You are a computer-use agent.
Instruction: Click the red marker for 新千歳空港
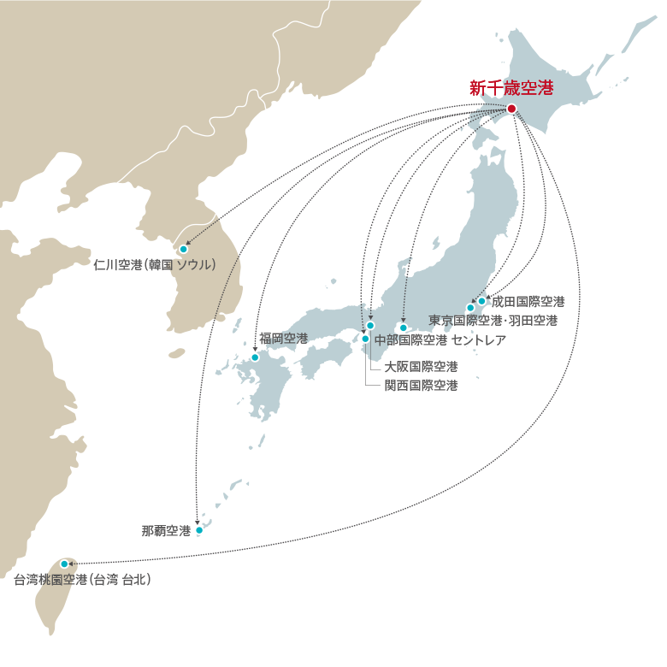511,109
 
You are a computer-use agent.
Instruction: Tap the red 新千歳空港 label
511,87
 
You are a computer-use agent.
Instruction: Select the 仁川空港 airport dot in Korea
183,250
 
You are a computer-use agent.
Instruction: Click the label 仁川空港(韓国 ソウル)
155,264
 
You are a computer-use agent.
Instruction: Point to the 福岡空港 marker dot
255,357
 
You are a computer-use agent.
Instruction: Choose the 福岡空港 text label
283,339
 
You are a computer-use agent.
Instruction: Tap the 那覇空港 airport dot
199,530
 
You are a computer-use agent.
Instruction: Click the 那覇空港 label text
166,530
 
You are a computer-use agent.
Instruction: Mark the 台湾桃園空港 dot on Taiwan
64,564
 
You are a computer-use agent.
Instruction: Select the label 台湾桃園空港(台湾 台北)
83,580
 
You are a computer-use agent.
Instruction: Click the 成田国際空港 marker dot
481,301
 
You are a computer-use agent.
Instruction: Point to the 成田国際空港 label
528,302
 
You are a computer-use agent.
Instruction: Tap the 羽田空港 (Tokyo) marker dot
470,308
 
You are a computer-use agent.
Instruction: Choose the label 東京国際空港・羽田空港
493,321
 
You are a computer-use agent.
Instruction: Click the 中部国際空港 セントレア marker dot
404,328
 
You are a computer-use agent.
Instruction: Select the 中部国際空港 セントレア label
440,339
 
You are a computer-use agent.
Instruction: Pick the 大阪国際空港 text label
421,367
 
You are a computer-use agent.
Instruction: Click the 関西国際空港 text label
421,386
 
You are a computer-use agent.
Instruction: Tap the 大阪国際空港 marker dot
370,326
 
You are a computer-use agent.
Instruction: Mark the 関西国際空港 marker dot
365,339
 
